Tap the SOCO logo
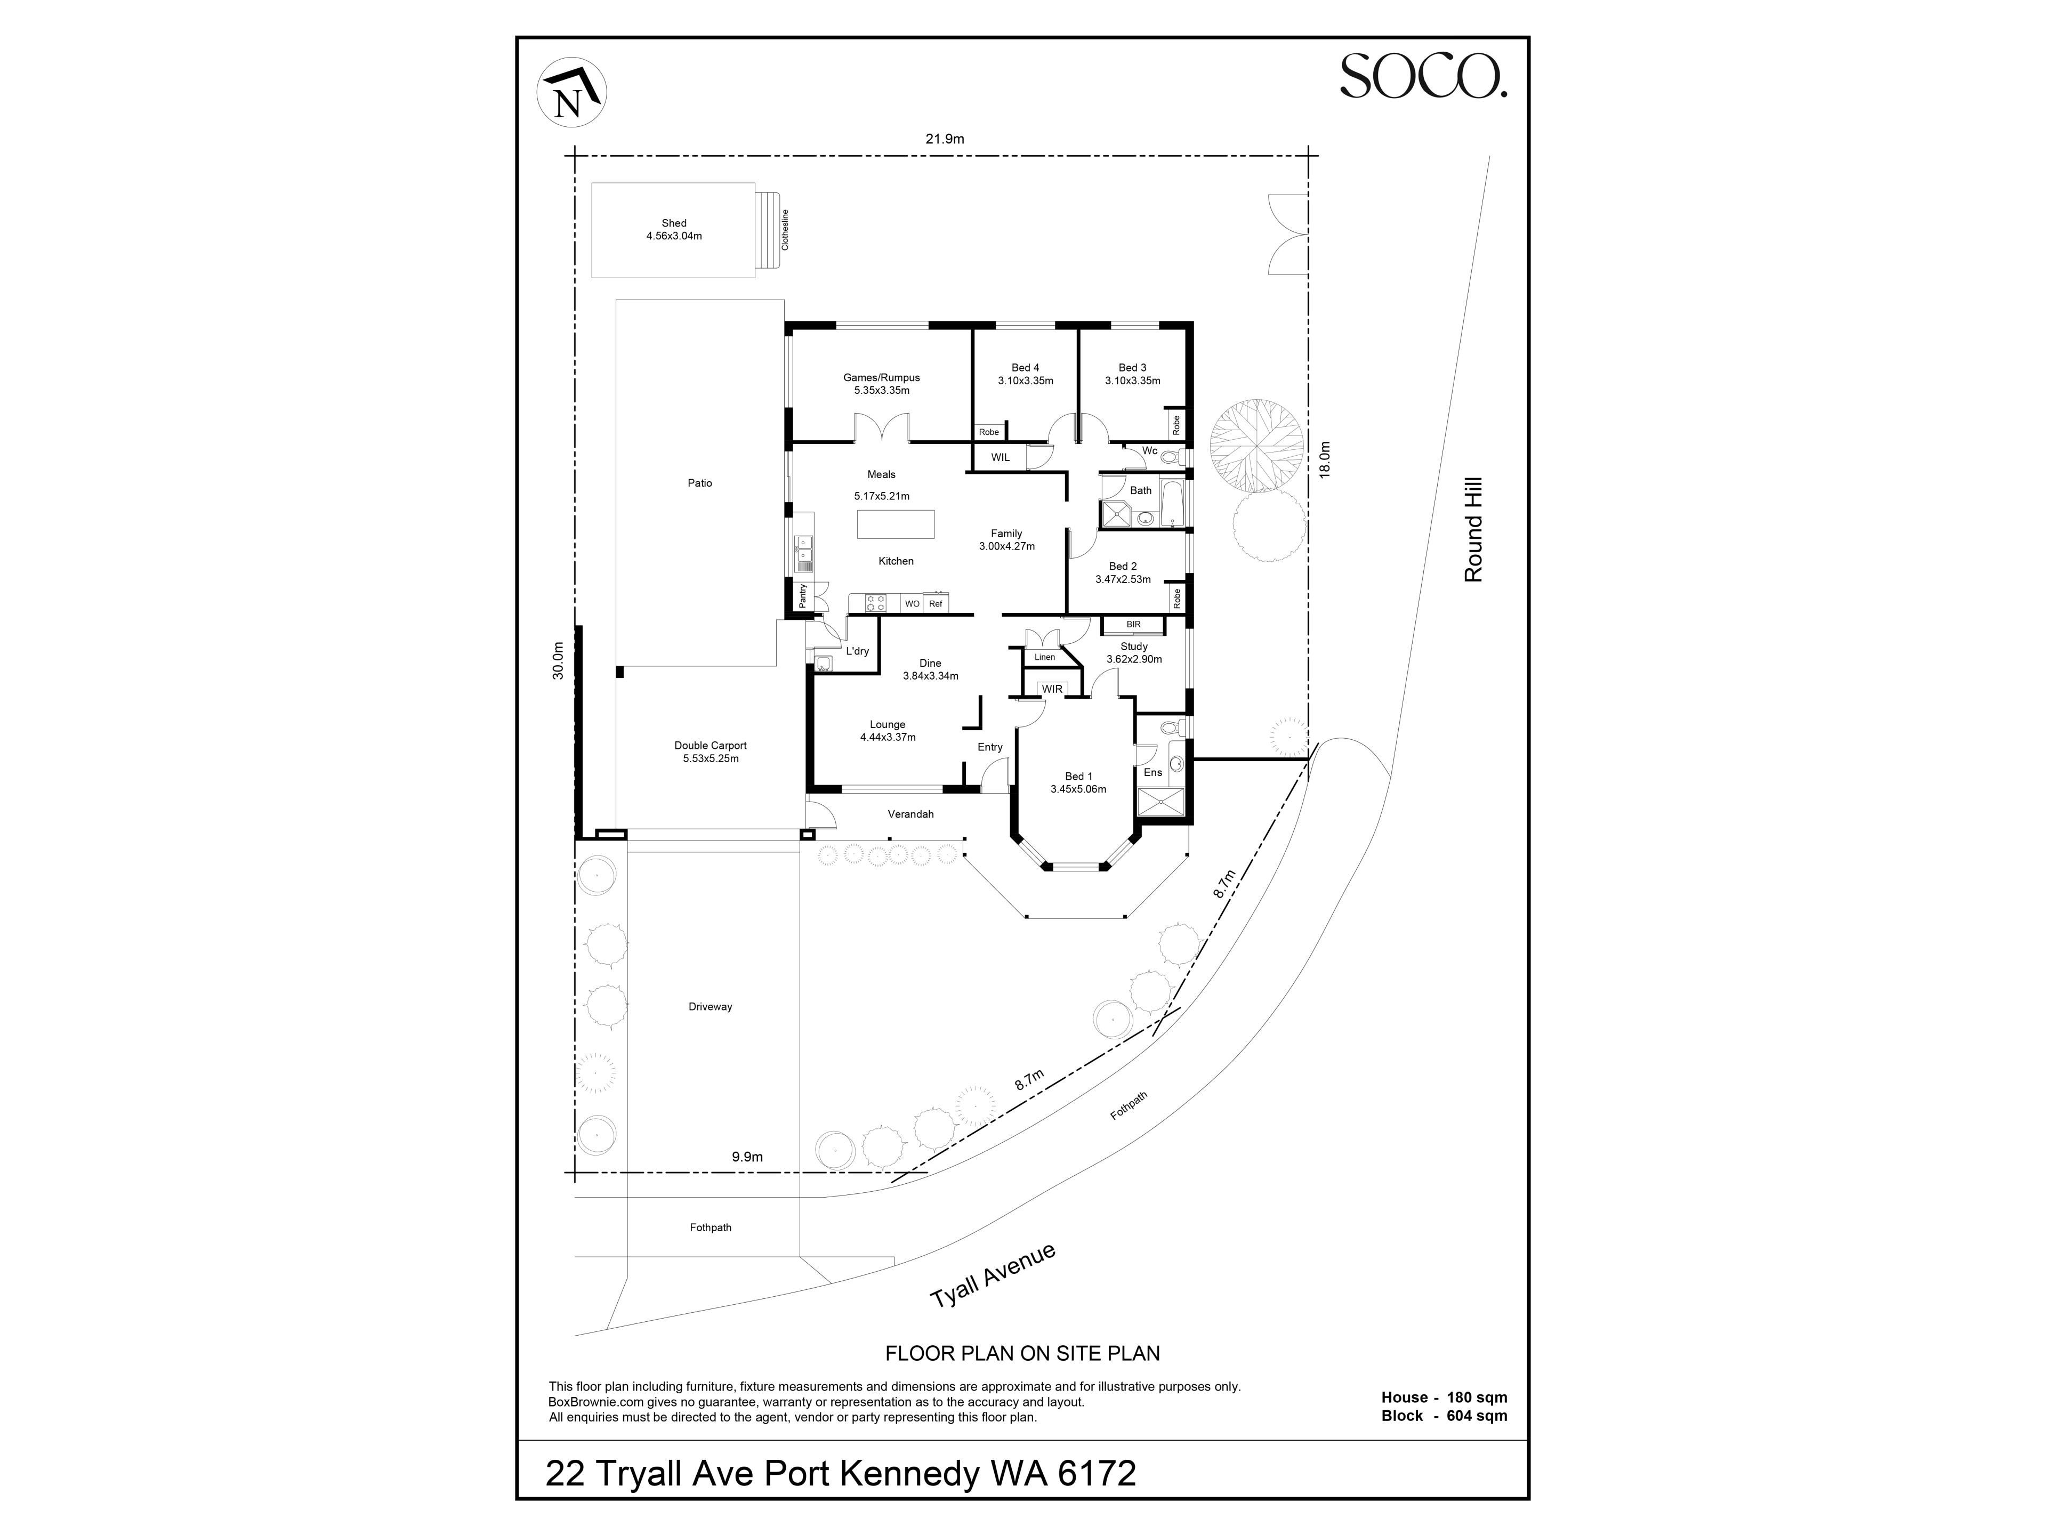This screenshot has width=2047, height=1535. click(1423, 76)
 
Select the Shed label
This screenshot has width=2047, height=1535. click(674, 223)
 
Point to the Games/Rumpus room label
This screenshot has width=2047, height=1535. click(881, 377)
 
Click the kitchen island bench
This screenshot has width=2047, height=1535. click(895, 524)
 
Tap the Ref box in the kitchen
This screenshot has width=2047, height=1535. click(936, 603)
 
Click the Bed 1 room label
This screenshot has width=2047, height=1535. click(1078, 776)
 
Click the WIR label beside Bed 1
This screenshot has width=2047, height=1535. click(1052, 689)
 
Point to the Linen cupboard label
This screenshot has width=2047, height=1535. click(1045, 657)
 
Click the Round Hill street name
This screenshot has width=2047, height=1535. click(1473, 529)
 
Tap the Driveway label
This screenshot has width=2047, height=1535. click(710, 1007)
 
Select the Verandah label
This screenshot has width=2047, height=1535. click(910, 814)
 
